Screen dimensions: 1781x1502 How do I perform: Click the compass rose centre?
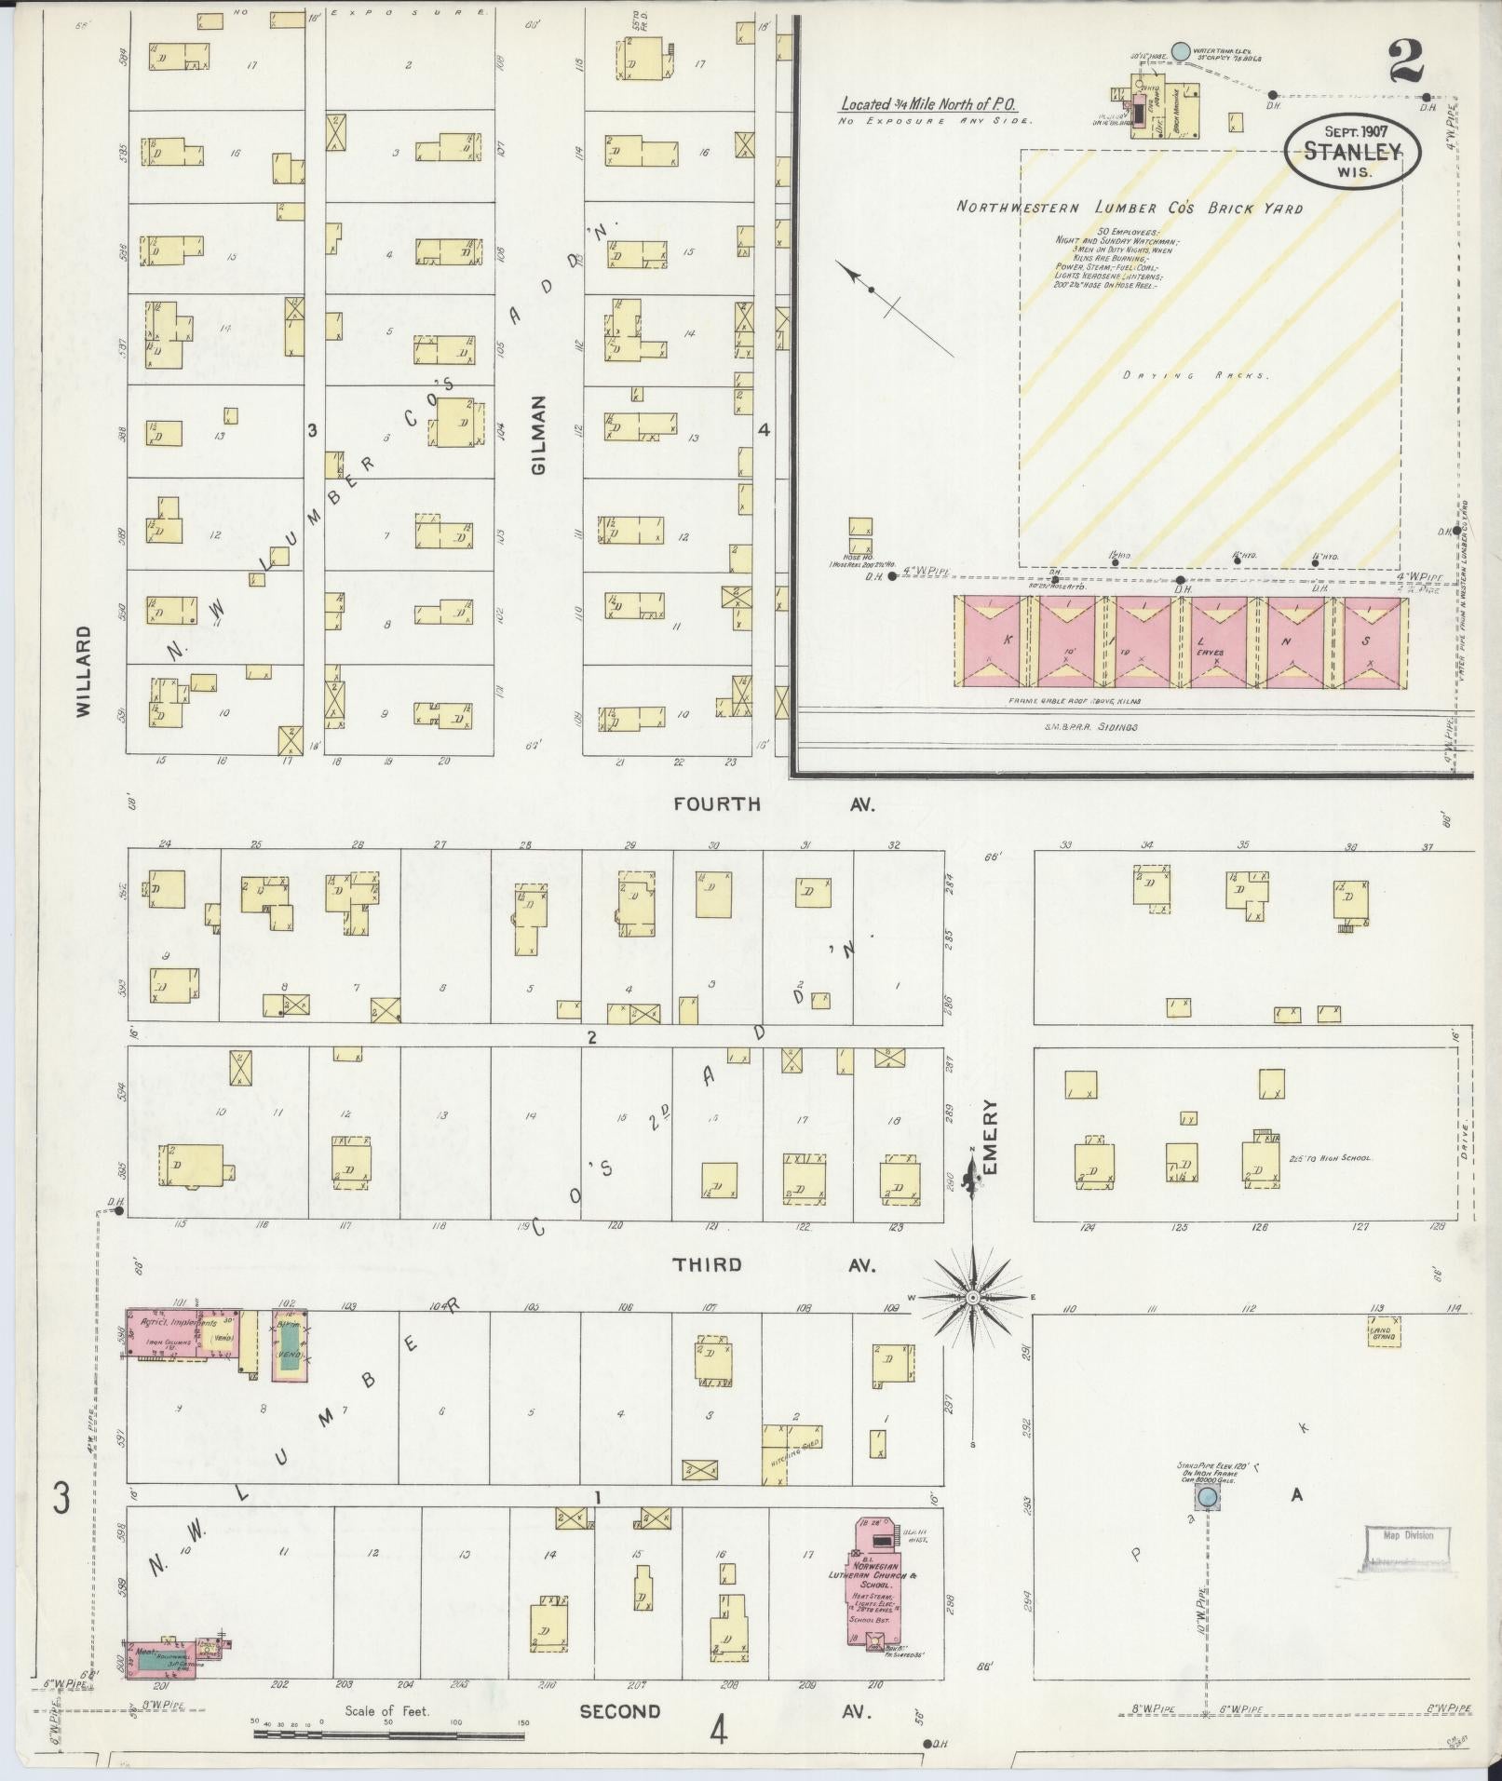(x=971, y=1298)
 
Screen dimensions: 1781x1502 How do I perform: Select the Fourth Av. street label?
(x=773, y=803)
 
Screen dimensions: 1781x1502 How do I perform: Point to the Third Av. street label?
(x=773, y=1264)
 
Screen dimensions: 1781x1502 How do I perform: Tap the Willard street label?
(x=85, y=670)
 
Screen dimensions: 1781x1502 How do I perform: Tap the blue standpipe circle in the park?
(x=1207, y=1498)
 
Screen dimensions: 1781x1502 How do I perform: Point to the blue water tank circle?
(x=1180, y=51)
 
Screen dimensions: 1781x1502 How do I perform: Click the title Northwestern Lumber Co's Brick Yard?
(x=1130, y=207)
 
